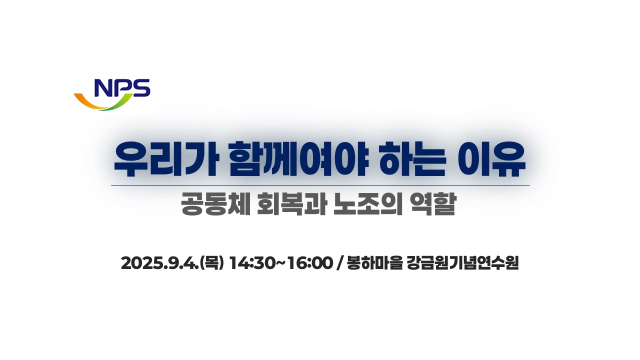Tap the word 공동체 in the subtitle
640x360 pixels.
point(215,204)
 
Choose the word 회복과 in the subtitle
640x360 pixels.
point(291,204)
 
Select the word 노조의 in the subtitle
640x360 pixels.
point(367,204)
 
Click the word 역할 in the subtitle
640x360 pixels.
point(431,204)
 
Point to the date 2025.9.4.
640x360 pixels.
point(160,263)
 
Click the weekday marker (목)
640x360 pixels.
point(211,263)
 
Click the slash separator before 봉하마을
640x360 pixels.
point(339,263)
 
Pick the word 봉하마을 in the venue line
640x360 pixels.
point(374,263)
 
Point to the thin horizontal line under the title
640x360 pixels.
point(320,185)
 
